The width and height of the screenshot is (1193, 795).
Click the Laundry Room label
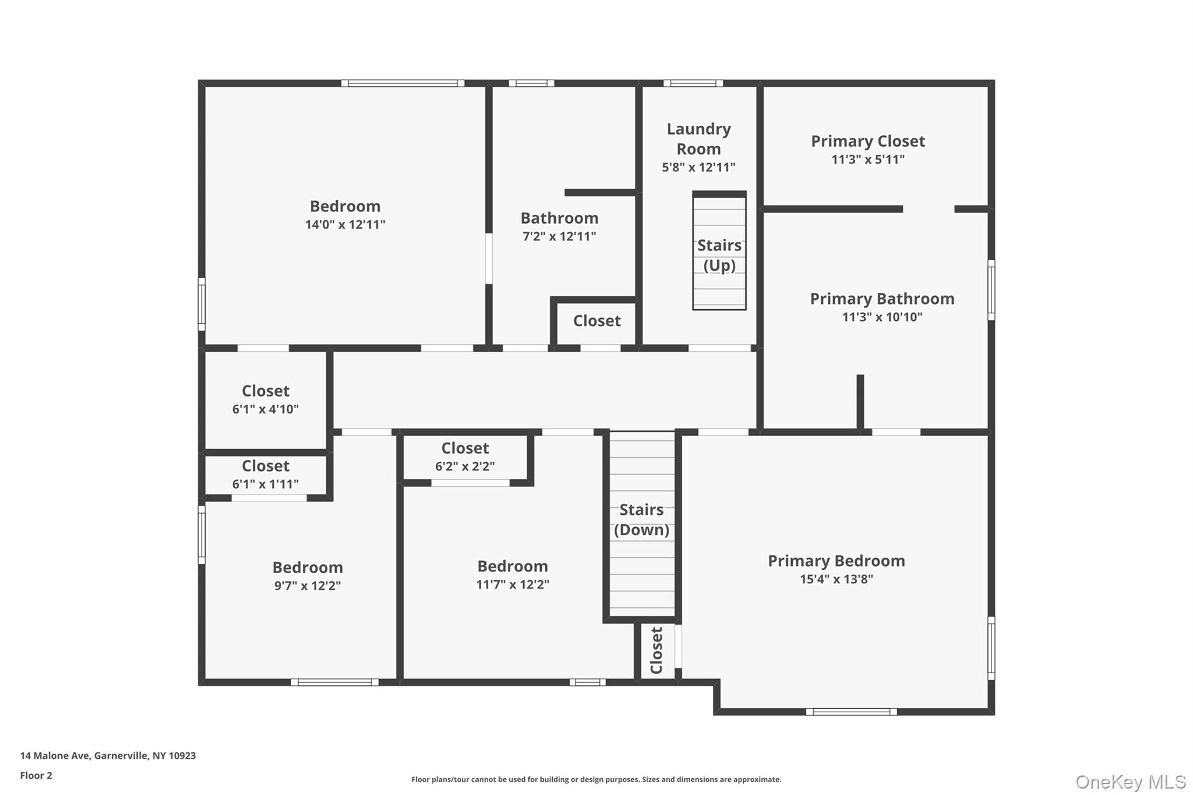tap(698, 139)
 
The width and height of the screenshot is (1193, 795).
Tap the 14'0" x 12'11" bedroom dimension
tap(345, 224)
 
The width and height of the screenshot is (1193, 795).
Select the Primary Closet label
tap(868, 141)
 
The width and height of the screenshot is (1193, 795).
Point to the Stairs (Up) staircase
tap(719, 251)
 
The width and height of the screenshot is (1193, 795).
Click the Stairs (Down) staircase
tap(642, 524)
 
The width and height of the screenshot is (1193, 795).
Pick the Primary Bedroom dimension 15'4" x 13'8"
tap(836, 579)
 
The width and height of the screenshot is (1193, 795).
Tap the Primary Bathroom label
tap(882, 299)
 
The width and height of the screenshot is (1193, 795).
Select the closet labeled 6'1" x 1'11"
tap(266, 475)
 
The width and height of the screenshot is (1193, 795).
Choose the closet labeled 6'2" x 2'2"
tap(465, 457)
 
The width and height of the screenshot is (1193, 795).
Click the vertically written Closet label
tap(656, 650)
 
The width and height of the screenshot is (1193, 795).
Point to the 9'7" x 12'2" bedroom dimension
tap(308, 585)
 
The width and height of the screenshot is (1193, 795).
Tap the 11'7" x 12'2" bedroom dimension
tap(513, 584)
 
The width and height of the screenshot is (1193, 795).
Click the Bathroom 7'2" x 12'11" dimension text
tap(559, 236)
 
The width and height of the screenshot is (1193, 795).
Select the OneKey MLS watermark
tap(1131, 781)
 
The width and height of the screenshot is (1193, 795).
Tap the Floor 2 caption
tap(36, 775)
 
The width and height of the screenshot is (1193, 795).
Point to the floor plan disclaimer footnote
tap(596, 779)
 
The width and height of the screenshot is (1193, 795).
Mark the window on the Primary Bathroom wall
tap(991, 289)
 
